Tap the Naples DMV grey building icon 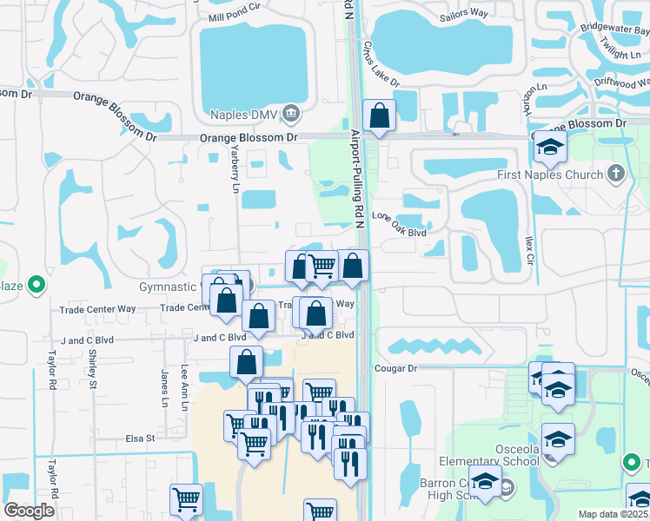(x=291, y=112)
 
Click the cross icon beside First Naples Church (x=617, y=174)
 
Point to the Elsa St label (x=139, y=439)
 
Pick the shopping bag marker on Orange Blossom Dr (x=380, y=115)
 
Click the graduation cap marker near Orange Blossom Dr (x=549, y=147)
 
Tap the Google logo (x=29, y=511)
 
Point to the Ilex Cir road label (x=529, y=248)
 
